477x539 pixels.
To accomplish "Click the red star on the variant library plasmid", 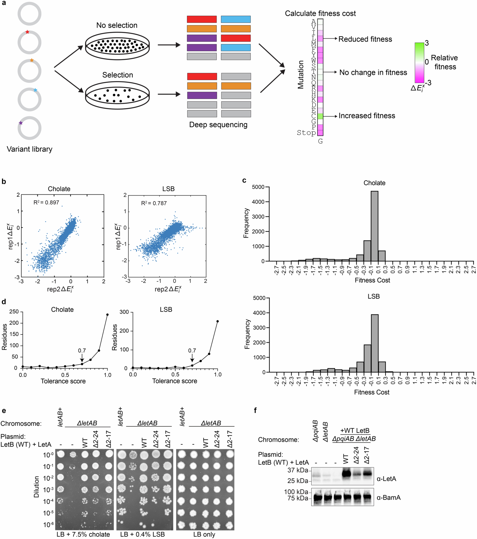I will [27, 32].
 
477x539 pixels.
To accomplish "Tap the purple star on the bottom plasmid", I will [21, 123].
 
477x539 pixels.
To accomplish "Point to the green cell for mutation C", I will [320, 116].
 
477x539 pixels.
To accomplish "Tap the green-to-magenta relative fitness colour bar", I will [419, 63].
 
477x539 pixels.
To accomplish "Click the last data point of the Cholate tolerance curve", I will [107, 315].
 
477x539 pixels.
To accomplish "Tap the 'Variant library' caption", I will [29, 149].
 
